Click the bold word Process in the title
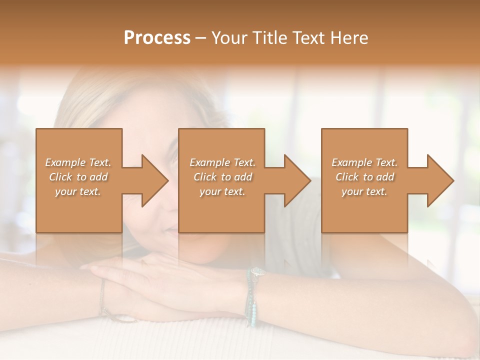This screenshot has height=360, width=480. (x=157, y=38)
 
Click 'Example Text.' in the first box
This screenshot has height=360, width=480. (x=78, y=162)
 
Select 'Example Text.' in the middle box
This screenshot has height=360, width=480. (x=222, y=162)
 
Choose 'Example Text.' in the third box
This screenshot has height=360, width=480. (x=364, y=162)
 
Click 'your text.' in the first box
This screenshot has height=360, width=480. (x=78, y=191)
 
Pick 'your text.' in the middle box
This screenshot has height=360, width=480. (x=222, y=191)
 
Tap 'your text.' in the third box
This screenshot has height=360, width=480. (x=364, y=191)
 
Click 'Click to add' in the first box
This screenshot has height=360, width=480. (x=78, y=177)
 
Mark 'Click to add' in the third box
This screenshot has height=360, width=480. (x=364, y=177)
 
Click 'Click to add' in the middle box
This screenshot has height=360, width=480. (x=222, y=177)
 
